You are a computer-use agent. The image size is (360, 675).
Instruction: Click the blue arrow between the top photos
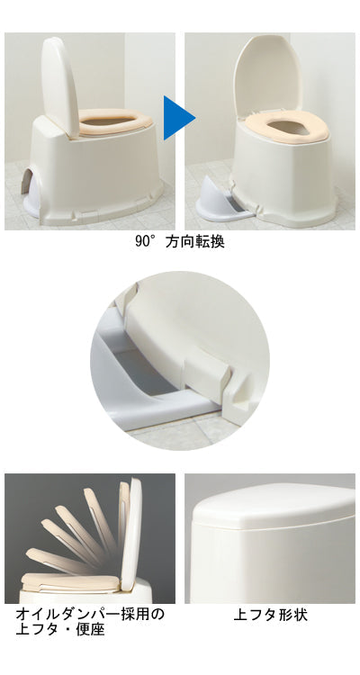[x=177, y=118]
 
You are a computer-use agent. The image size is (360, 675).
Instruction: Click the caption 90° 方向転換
[x=180, y=241]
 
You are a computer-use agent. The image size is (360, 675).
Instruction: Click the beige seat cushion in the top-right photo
[x=287, y=126]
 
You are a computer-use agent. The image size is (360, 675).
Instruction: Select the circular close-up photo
[x=180, y=360]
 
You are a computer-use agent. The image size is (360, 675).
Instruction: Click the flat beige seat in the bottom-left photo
[x=70, y=581]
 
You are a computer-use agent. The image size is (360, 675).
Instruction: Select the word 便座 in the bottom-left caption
[x=90, y=630]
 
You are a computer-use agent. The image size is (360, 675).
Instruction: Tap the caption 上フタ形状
[x=270, y=615]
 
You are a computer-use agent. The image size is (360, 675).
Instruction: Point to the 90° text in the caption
[x=145, y=241]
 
